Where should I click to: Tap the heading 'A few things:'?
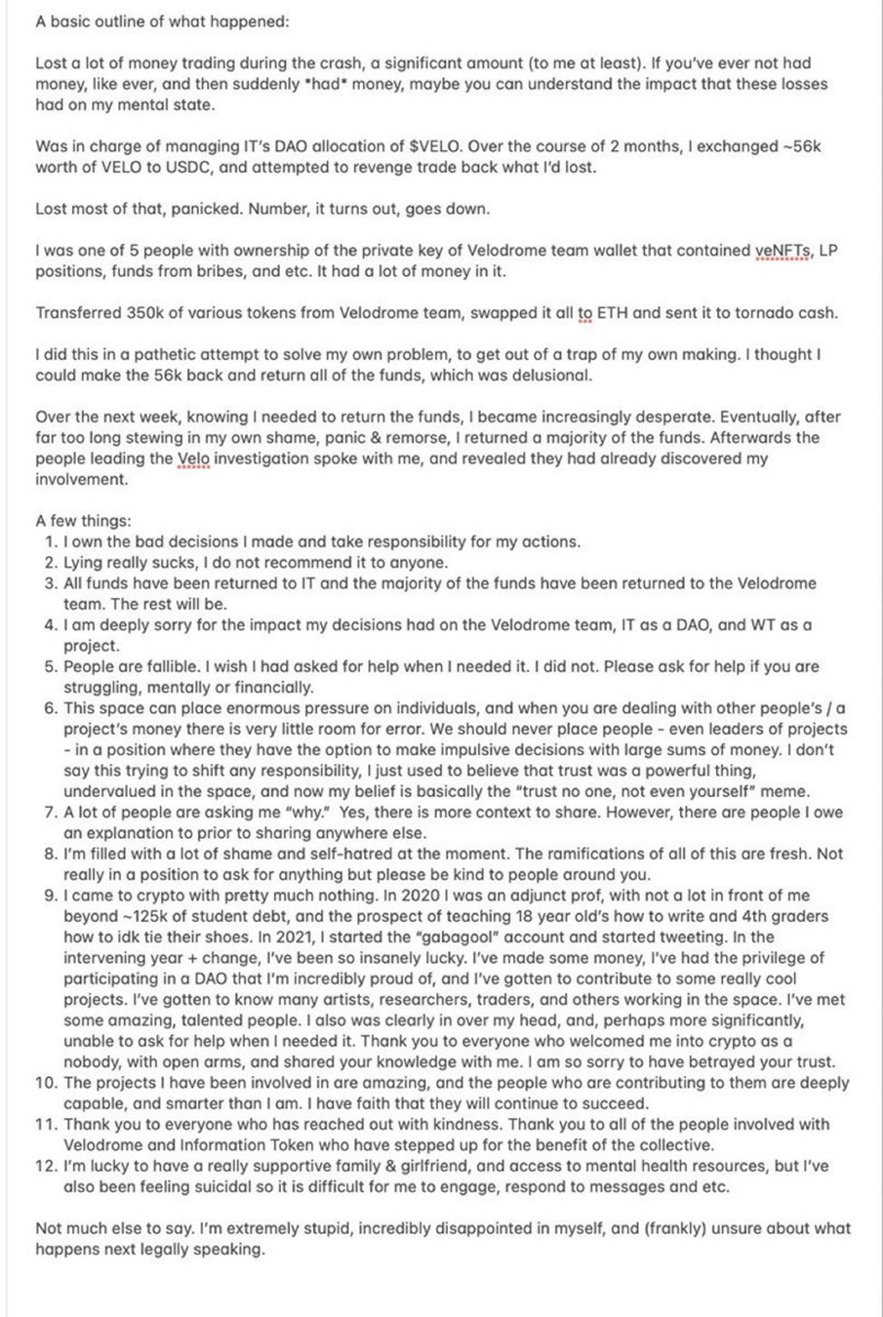(83, 521)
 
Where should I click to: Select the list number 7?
(51, 812)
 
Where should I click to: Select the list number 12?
(47, 1166)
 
